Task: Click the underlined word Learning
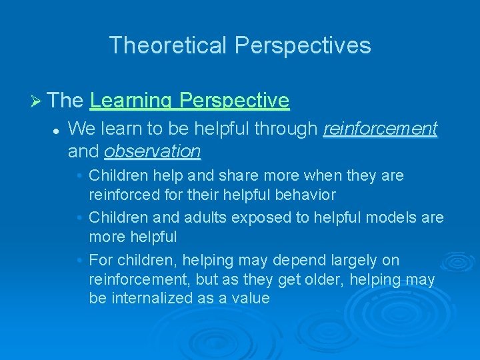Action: [x=131, y=101]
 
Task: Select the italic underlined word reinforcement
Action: [x=380, y=128]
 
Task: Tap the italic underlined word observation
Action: [x=152, y=151]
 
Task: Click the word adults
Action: [x=195, y=217]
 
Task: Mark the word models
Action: [x=389, y=217]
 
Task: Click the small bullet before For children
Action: [x=79, y=260]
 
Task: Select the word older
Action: [x=331, y=279]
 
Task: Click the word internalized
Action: [x=150, y=298]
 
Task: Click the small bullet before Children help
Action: [x=79, y=176]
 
